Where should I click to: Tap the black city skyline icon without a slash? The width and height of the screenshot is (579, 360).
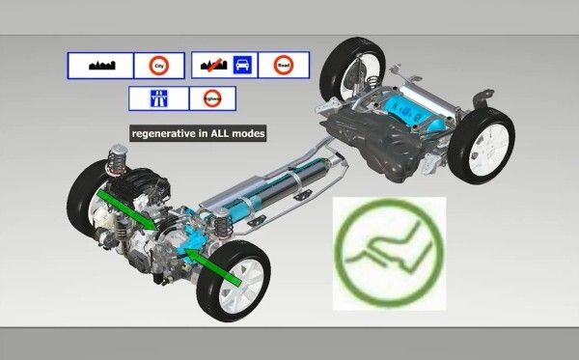(x=100, y=66)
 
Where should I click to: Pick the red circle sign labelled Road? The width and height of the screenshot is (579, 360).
(x=283, y=66)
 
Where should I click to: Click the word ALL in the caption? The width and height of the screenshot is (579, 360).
(x=224, y=132)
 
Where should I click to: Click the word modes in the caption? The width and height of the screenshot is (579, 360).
(x=251, y=132)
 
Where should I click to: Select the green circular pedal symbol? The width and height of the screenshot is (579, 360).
(x=389, y=253)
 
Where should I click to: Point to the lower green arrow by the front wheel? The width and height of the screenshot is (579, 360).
(x=215, y=267)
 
